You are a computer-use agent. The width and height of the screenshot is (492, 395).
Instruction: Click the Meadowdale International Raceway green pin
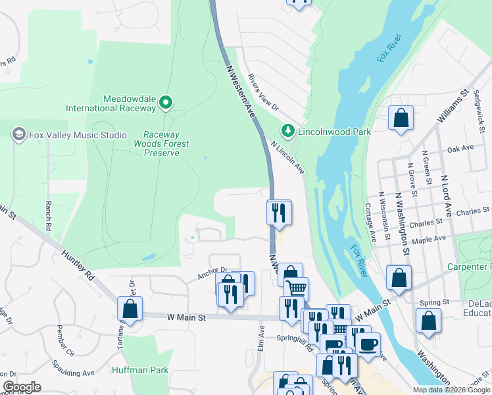166,103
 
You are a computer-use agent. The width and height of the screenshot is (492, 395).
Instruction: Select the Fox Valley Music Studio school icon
18,135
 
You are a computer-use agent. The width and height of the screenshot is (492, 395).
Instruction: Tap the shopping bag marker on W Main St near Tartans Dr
130,309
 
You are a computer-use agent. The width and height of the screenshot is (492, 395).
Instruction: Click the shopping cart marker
297,288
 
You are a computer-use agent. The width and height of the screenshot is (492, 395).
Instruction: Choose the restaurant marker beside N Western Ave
279,212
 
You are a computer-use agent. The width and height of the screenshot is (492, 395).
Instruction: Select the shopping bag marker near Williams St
401,118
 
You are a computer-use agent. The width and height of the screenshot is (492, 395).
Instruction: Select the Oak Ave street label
460,150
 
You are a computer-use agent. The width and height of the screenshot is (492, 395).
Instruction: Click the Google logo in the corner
22,387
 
